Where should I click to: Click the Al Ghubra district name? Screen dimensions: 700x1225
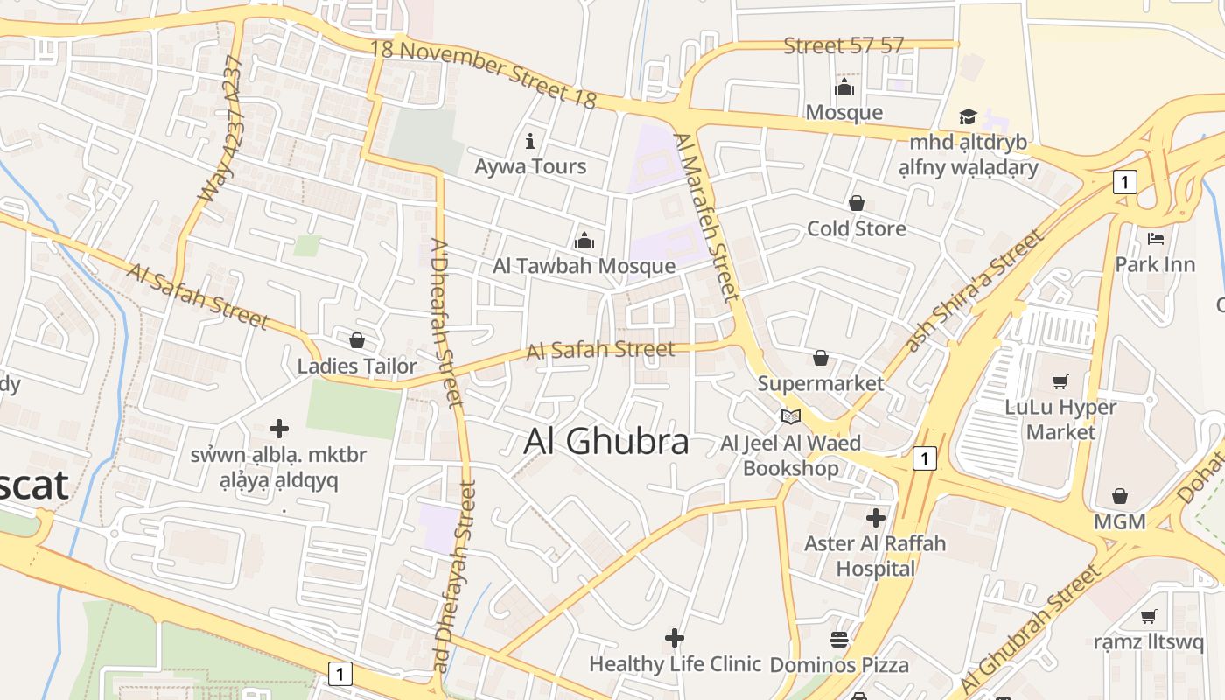[606, 442]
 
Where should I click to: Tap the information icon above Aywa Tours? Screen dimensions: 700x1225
[529, 141]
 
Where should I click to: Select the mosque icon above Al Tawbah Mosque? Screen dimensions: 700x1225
[584, 240]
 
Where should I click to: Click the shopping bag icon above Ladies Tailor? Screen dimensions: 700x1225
[357, 340]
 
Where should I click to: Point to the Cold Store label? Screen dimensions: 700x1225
[856, 228]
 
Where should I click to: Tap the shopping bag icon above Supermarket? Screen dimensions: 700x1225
[821, 358]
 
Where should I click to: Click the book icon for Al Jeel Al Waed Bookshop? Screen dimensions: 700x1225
[791, 417]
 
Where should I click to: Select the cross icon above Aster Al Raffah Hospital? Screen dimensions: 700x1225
[875, 518]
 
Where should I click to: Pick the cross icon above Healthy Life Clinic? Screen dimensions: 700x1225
[674, 638]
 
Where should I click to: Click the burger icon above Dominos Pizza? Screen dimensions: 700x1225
[839, 640]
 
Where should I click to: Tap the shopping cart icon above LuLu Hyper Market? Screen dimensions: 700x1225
[1060, 381]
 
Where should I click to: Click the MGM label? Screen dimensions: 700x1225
[1119, 522]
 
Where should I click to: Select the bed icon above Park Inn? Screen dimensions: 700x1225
[1155, 238]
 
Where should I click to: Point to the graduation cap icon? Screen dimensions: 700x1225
[967, 117]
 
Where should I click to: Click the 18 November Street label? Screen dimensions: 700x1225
[483, 73]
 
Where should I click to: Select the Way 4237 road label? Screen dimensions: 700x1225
[220, 129]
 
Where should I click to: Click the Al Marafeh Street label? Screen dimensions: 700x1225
[707, 216]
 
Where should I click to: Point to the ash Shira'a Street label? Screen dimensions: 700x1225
[975, 290]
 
